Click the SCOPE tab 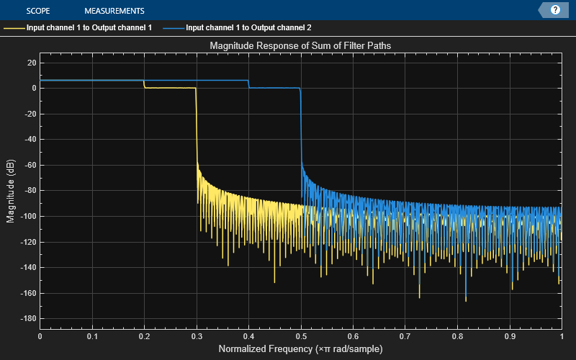37,11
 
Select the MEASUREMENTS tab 114,11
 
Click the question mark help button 555,10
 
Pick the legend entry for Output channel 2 248,28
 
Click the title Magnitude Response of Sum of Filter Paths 300,46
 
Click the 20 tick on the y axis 31,63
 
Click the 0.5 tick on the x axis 300,336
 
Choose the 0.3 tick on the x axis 196,336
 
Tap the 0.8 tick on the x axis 456,336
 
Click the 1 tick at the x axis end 561,336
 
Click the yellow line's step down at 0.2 144,84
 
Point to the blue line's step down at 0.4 248,84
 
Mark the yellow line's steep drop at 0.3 196,130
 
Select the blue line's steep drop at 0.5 300,130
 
